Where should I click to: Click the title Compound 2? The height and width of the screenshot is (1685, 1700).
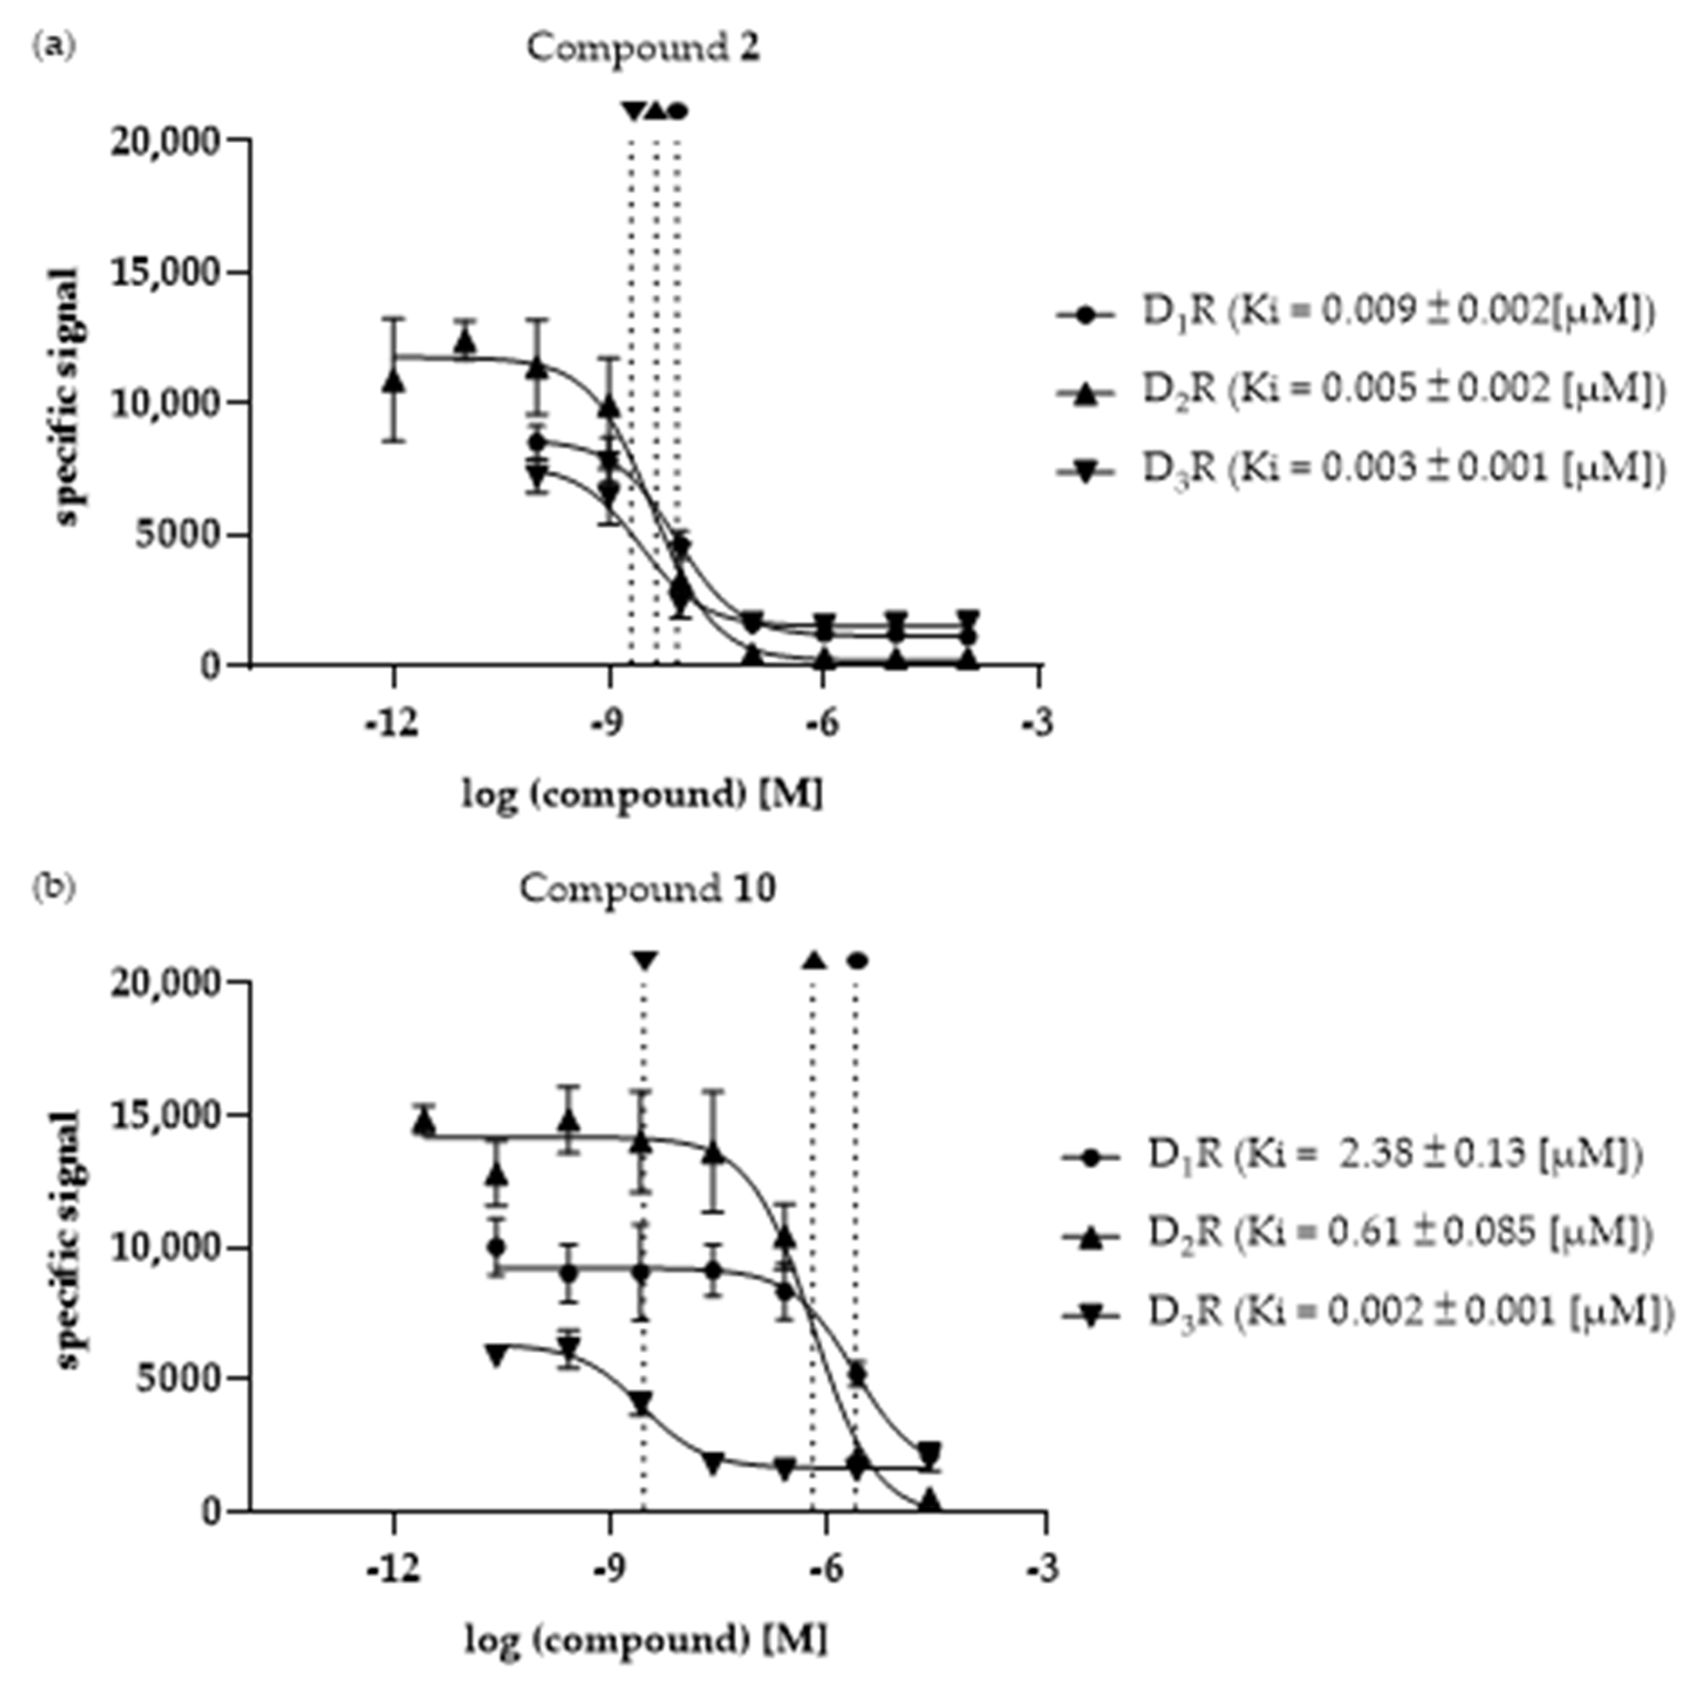643,47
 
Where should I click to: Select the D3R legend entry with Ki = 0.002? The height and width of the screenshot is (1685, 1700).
1368,1311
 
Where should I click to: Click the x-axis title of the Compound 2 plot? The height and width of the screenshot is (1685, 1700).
643,795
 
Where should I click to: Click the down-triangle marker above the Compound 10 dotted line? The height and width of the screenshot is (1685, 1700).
645,960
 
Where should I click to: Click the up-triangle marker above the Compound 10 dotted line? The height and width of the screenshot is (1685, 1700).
814,960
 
